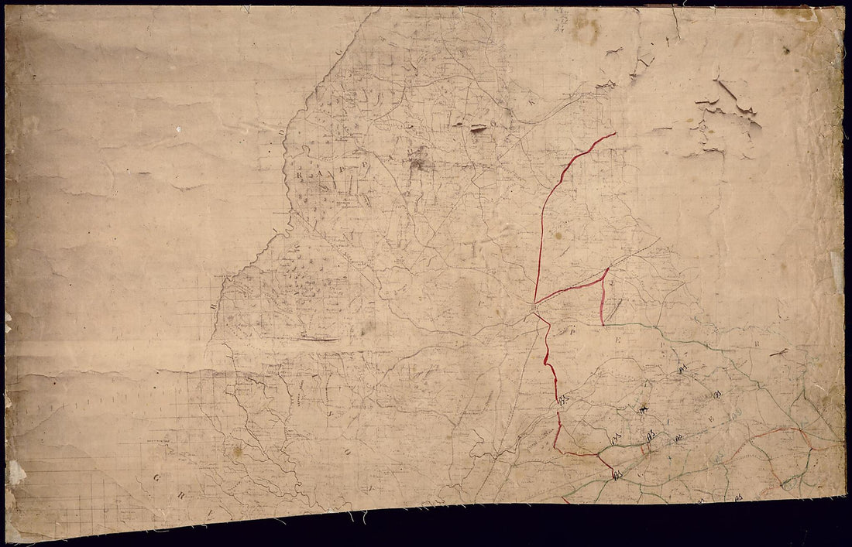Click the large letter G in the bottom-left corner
coord(157,478)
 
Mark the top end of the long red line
coord(616,133)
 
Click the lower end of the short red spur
coord(602,323)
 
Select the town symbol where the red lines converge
coord(534,307)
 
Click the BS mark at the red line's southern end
coord(618,473)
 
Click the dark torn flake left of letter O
coord(478,128)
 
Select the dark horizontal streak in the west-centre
coord(319,339)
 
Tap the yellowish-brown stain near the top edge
coord(586,29)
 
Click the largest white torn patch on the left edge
coord(15,470)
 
